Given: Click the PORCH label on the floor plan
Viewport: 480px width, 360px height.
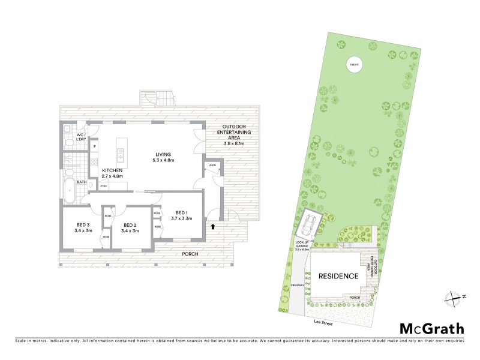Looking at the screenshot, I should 190,254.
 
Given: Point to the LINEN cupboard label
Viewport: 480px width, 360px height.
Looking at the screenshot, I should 212,165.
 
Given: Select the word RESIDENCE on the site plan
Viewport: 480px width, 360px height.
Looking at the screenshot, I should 338,277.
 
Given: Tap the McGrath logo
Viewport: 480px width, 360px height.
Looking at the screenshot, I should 432,328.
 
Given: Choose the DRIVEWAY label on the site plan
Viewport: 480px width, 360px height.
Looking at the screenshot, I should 295,285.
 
